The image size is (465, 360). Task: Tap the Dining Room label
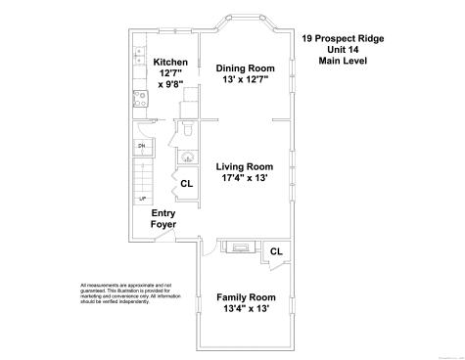click(x=245, y=68)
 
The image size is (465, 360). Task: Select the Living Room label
click(x=245, y=167)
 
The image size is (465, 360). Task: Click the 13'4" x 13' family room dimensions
click(x=246, y=309)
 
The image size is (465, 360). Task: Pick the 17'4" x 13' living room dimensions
click(x=245, y=179)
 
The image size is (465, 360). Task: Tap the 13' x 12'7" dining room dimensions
click(x=245, y=80)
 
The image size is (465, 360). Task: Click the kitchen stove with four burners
click(x=139, y=97)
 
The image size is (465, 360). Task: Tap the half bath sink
click(x=187, y=157)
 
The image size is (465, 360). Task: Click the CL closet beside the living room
click(x=186, y=183)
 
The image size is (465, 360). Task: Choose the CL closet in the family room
click(x=276, y=251)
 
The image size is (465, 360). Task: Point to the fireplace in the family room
click(x=237, y=246)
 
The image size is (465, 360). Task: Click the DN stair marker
click(x=142, y=147)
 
